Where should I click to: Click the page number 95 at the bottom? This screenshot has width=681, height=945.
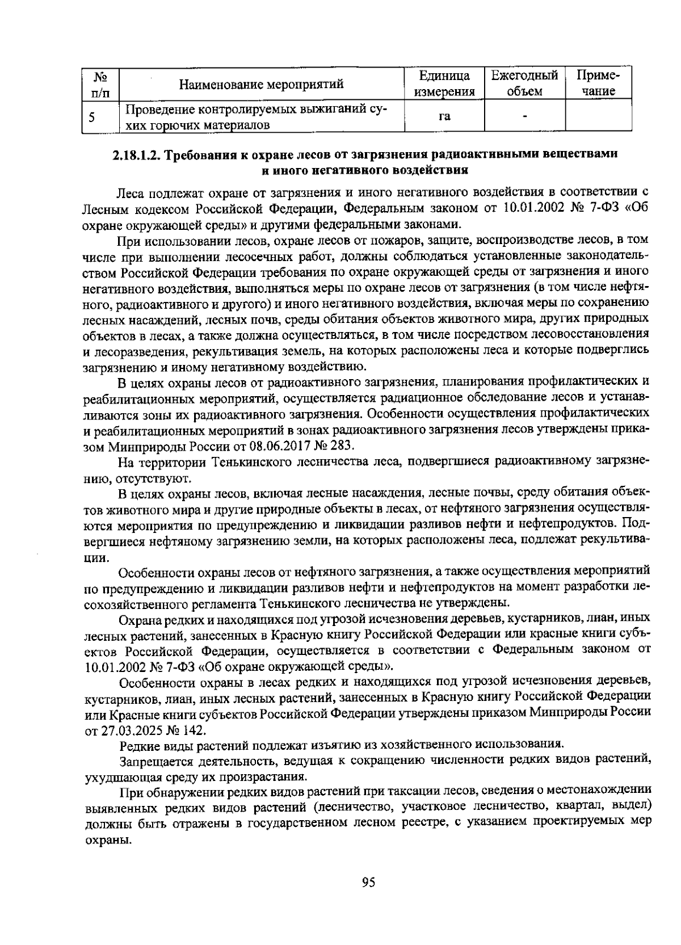coord(368,882)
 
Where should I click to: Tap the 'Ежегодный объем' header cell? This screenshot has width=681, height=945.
coord(524,83)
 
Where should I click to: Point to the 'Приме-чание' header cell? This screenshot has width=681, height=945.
coord(598,83)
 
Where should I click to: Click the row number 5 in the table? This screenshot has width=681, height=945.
coord(91,117)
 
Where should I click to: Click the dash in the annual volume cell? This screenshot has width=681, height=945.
coord(524,116)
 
